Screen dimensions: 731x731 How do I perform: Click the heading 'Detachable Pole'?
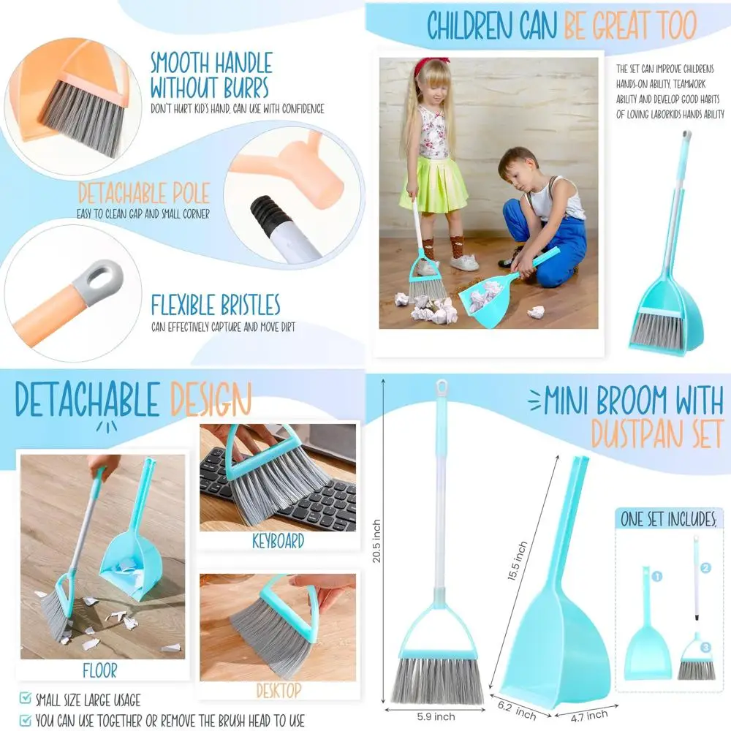tap(143, 194)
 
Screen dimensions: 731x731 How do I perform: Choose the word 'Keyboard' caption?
tap(278, 541)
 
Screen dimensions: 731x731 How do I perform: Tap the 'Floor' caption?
tap(99, 670)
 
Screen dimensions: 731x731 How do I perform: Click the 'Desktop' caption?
tap(279, 690)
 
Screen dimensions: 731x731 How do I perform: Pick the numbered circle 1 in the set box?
tap(656, 577)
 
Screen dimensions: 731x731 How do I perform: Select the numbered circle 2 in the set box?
tap(705, 567)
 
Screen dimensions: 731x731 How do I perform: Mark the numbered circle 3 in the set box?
tap(705, 647)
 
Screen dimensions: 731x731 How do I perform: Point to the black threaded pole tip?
tap(267, 218)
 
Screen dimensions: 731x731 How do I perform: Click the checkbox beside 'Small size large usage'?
tap(26, 700)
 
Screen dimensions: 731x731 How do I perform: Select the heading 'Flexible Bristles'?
tap(216, 305)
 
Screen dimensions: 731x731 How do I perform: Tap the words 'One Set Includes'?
tap(667, 520)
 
